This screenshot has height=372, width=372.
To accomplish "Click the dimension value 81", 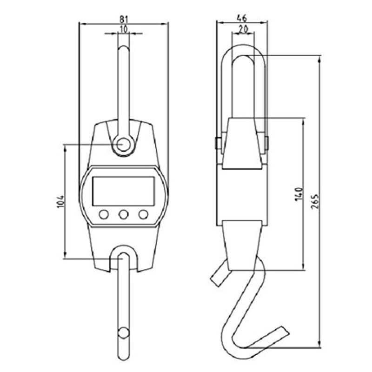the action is pos(123,19).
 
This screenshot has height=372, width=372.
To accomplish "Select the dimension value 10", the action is pos(124,29).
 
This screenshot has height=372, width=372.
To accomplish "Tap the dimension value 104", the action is pos(61,201).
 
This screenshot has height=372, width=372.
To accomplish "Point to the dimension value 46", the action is pos(242,18).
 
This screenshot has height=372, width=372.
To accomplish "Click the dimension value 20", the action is pos(243,29).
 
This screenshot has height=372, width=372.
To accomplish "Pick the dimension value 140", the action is pos(299,194).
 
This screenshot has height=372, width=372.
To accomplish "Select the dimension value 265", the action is pos(315,201).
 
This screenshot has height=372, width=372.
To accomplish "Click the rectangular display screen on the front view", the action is pos(123,191).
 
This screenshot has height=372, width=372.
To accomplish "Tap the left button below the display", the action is pos(104,214).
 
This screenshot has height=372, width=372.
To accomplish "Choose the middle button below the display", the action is pos(123,214).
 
